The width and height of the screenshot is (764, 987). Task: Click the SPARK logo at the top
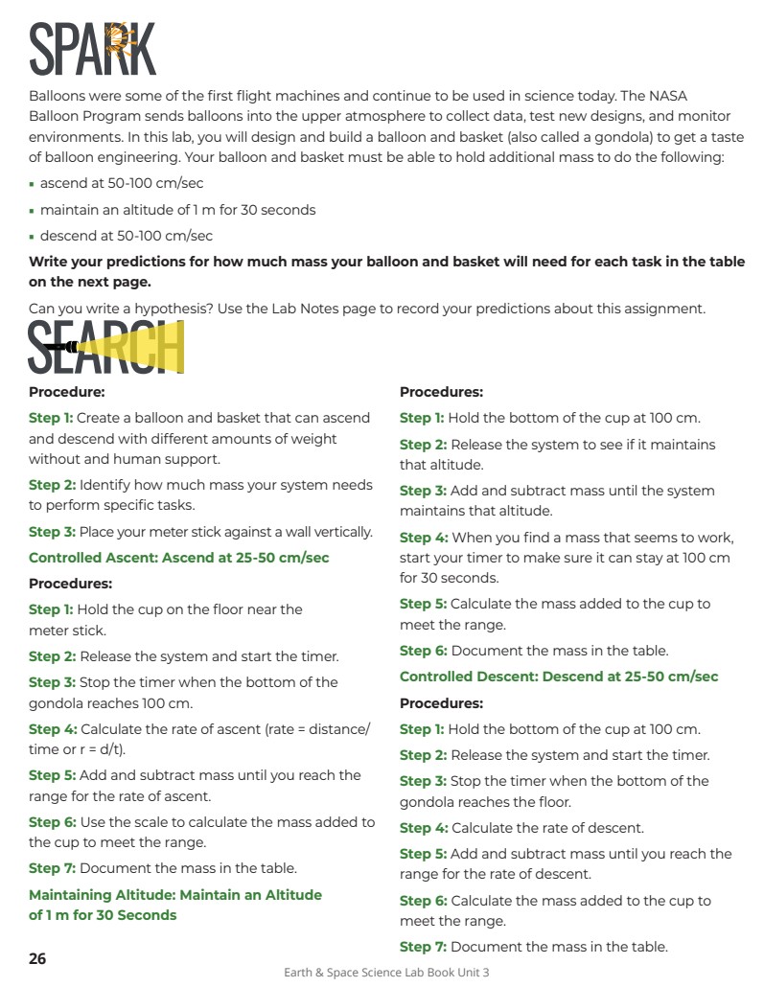(92, 49)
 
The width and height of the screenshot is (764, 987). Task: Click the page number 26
(37, 958)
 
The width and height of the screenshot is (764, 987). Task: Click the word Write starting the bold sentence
(48, 262)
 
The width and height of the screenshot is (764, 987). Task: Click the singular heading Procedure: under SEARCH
(66, 392)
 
